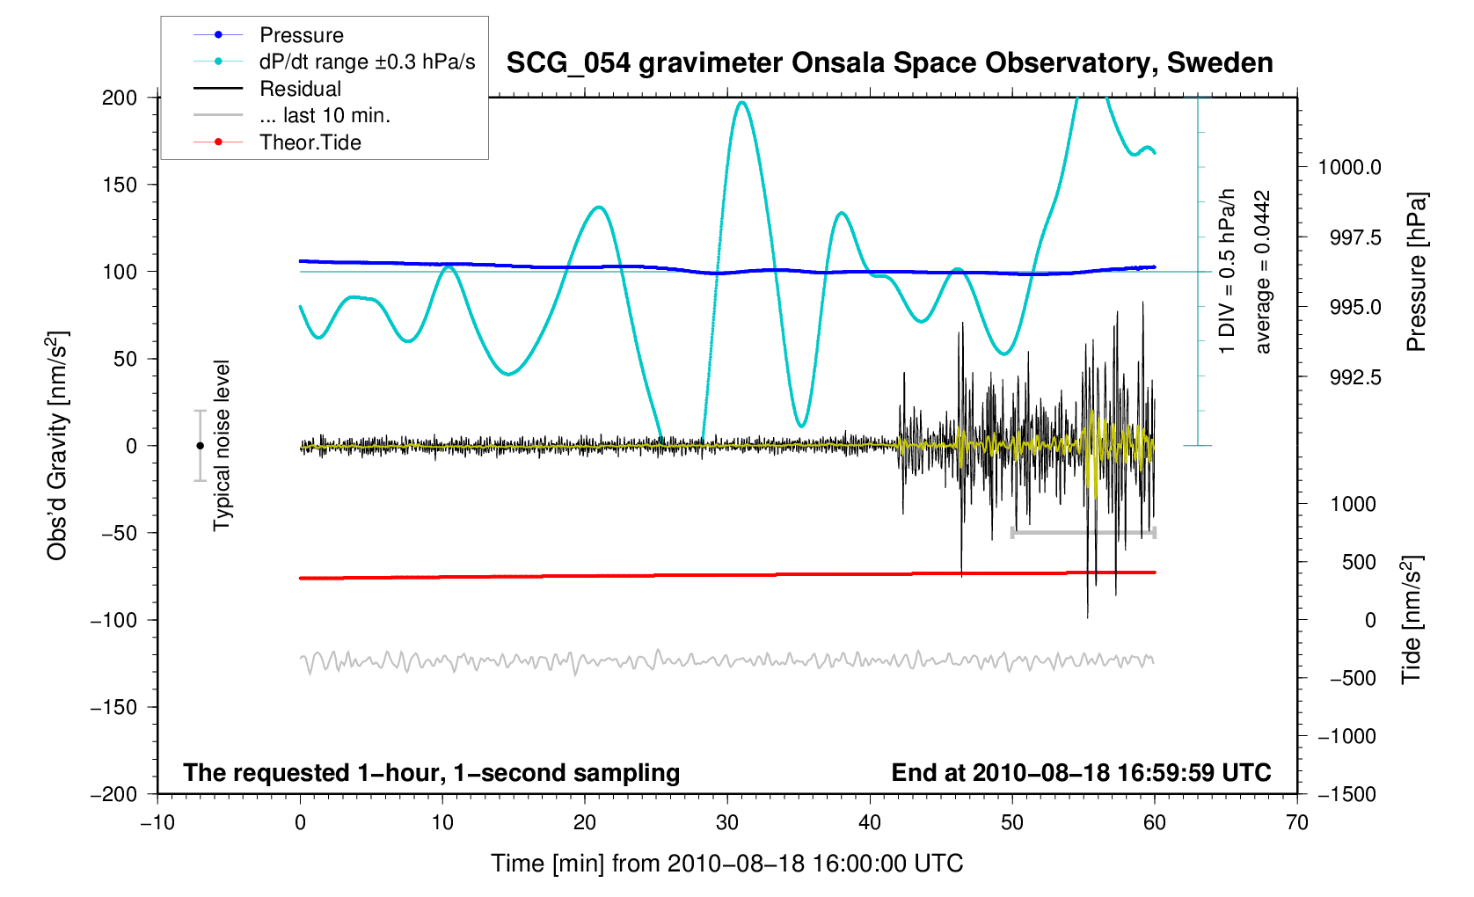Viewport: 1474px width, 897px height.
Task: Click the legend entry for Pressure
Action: pyautogui.click(x=301, y=35)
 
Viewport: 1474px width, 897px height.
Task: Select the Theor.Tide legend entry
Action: pyautogui.click(x=310, y=142)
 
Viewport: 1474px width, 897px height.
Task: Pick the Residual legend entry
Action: pyautogui.click(x=300, y=89)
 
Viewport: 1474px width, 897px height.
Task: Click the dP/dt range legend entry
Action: pyautogui.click(x=367, y=62)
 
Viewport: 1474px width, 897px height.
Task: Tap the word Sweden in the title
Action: pyautogui.click(x=1220, y=63)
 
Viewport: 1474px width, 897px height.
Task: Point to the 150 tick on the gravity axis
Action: pyautogui.click(x=120, y=185)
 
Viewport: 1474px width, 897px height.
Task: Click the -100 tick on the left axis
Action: pyautogui.click(x=114, y=620)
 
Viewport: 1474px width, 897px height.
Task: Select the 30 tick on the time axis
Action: pyautogui.click(x=727, y=823)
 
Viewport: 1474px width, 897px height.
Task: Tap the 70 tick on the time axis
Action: pyautogui.click(x=1296, y=823)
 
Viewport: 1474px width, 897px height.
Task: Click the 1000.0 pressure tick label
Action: pyautogui.click(x=1349, y=167)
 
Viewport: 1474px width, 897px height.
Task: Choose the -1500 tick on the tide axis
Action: pyautogui.click(x=1346, y=794)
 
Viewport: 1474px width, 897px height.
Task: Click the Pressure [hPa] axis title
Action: pyautogui.click(x=1415, y=272)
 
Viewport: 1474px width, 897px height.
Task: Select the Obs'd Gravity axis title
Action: pyautogui.click(x=57, y=445)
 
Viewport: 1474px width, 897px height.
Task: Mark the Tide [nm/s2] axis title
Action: pyautogui.click(x=1412, y=619)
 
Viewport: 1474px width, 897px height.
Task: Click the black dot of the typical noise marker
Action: pyautogui.click(x=200, y=446)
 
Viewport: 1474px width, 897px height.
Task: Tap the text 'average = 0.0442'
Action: pyautogui.click(x=1263, y=272)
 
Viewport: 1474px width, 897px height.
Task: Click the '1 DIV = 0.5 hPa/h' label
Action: pyautogui.click(x=1227, y=272)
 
